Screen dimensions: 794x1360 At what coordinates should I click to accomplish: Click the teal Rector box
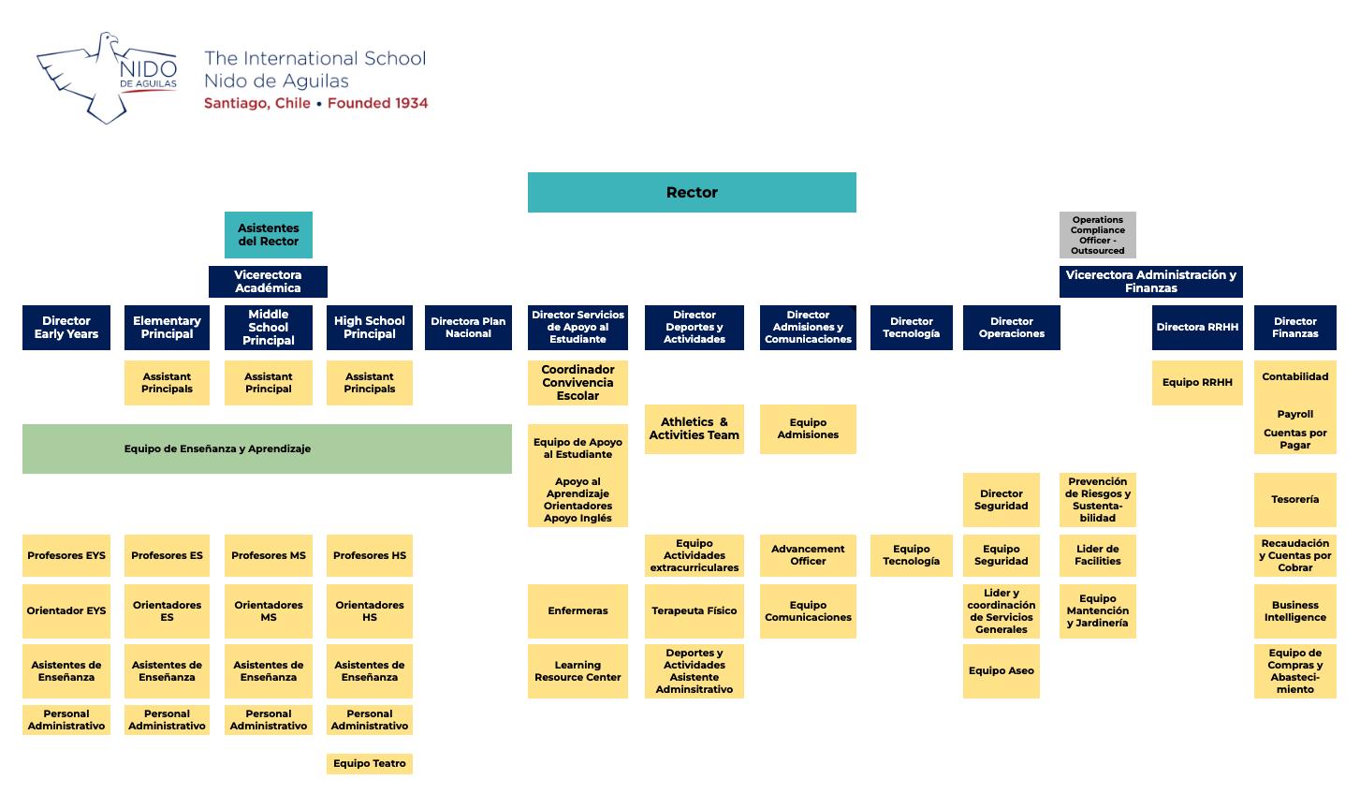692,192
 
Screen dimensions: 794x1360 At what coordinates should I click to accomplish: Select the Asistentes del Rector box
268,234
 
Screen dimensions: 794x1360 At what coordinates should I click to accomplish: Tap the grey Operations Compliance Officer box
1097,234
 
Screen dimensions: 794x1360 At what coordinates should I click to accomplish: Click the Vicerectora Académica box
268,281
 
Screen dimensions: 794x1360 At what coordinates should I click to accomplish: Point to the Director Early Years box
66,328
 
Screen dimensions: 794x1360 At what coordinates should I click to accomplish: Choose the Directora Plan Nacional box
468,328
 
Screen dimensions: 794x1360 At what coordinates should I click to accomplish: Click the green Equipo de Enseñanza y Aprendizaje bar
267,448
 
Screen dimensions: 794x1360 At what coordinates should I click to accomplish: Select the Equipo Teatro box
369,763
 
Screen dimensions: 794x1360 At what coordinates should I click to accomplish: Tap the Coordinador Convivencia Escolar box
578,382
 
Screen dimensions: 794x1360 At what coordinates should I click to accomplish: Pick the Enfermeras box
578,610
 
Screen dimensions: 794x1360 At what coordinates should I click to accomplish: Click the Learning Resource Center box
578,670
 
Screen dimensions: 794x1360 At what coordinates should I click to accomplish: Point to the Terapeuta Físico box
694,610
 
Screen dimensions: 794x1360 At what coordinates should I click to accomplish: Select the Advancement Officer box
807,554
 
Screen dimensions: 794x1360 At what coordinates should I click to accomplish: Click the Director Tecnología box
911,328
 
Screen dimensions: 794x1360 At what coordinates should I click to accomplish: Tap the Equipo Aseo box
1001,670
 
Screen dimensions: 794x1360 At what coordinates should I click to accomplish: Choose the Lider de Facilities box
1097,554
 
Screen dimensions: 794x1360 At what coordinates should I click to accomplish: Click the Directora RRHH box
1196,328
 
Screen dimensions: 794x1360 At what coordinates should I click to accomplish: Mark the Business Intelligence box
1294,610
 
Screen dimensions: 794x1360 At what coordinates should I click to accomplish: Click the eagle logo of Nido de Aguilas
106,78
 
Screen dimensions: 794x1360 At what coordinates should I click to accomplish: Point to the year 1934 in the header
404,103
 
